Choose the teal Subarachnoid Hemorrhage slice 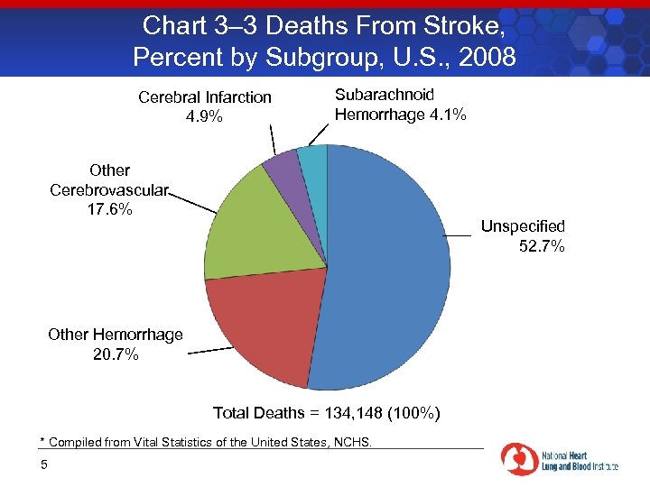click(x=312, y=162)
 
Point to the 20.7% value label click(x=116, y=354)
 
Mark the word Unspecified click(x=522, y=226)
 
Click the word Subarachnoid click(x=384, y=95)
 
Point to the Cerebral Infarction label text click(x=205, y=97)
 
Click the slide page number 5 click(x=42, y=464)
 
